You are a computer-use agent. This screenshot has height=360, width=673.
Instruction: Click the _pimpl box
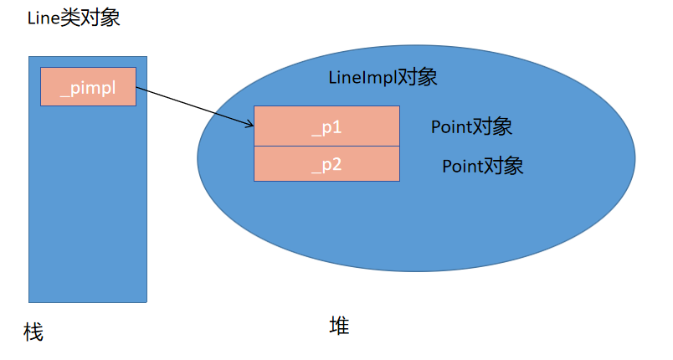[88, 87]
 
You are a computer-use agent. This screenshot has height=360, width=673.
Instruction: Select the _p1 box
[326, 126]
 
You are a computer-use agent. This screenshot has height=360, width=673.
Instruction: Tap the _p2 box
[326, 163]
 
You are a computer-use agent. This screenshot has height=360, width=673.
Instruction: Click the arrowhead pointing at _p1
[250, 126]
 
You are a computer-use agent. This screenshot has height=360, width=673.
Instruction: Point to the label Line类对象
[74, 18]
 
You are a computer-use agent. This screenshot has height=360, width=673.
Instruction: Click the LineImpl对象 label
[383, 78]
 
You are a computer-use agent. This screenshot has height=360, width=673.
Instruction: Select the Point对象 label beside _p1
[471, 127]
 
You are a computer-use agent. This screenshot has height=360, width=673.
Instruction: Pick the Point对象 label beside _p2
[482, 166]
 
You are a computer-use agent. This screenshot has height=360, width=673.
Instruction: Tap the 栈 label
[33, 332]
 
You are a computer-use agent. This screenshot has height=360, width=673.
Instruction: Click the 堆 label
[339, 326]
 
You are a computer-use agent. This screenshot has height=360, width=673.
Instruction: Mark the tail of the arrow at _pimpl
[136, 87]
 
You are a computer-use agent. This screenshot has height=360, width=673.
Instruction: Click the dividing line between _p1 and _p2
[326, 146]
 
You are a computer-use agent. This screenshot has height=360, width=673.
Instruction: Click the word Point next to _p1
[451, 127]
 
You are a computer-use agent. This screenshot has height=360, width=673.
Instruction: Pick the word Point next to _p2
[462, 166]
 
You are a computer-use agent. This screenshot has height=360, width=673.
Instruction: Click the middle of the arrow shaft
[194, 106]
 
